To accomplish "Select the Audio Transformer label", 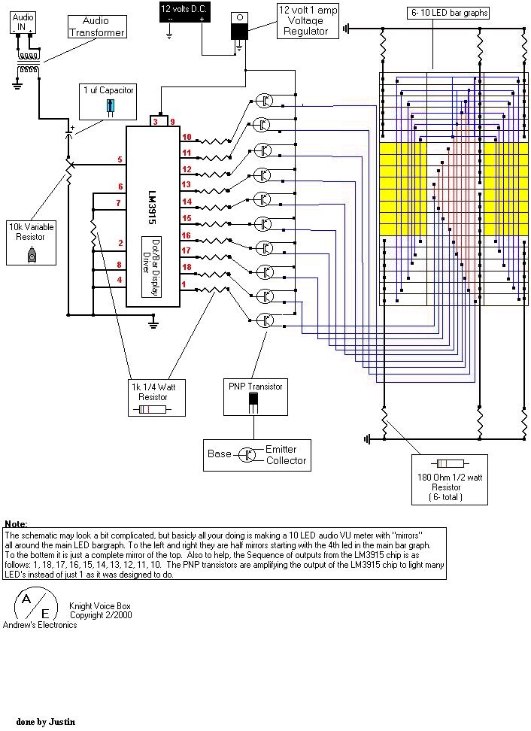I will pos(96,27).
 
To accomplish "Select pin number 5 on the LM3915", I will pos(120,159).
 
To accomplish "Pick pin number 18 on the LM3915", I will pos(186,267).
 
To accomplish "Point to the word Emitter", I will pos(281,449).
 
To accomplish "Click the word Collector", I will pos(287,460).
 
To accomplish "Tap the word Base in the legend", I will pos(220,454).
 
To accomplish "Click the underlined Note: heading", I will pos(16,523).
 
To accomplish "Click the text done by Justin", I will pos(46,721).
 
